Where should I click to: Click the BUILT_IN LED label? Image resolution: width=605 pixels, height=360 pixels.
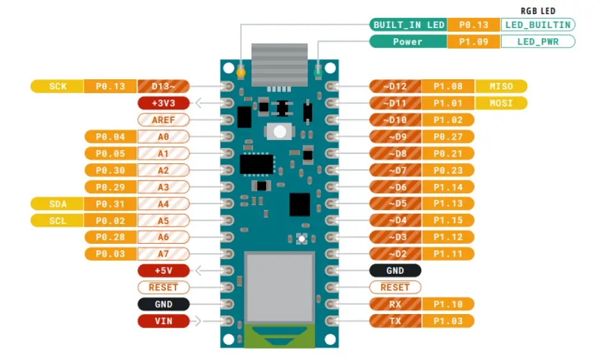[x=408, y=25]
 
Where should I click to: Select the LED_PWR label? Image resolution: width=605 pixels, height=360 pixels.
[x=537, y=41]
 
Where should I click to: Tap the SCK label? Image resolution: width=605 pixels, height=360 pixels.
[x=57, y=86]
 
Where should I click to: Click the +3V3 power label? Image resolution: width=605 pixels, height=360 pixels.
[x=163, y=103]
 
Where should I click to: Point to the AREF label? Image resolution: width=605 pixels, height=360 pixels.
[x=163, y=119]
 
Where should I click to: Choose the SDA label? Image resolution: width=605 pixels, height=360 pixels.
[x=57, y=204]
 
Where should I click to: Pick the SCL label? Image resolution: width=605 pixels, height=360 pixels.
[x=57, y=220]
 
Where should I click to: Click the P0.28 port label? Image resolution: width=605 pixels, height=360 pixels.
[x=110, y=237]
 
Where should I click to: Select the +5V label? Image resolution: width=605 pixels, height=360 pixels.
[x=163, y=271]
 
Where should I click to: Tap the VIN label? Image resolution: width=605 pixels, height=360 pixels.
[x=163, y=321]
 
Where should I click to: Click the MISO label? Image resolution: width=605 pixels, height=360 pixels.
[x=501, y=86]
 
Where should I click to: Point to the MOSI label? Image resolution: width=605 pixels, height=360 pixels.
[x=501, y=103]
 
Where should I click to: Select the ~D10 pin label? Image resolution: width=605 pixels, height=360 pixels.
[x=395, y=119]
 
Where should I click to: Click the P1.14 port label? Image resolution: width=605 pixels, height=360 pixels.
[x=447, y=186]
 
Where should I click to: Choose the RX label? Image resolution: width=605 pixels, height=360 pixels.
[x=395, y=304]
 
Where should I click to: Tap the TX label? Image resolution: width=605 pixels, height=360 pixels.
[x=395, y=321]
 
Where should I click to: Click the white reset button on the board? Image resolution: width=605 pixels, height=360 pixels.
[x=279, y=131]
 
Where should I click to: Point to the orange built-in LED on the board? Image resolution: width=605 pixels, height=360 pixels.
[x=241, y=72]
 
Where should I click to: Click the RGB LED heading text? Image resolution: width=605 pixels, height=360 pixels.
[x=538, y=11]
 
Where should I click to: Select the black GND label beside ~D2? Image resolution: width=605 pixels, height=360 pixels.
[x=395, y=271]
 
